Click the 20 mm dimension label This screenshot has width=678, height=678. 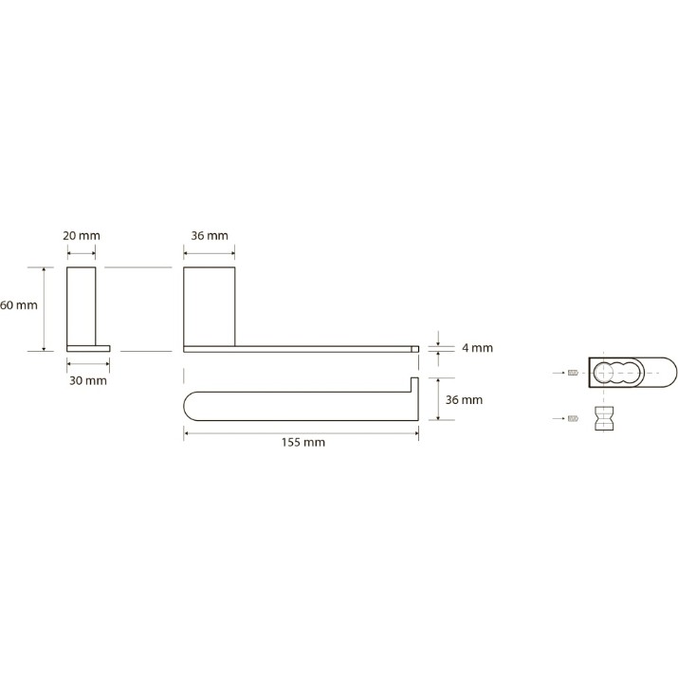[x=82, y=236]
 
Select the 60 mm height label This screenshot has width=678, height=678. [x=19, y=305]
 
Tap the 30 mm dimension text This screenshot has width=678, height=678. [x=88, y=380]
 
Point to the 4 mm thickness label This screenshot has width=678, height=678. [x=477, y=348]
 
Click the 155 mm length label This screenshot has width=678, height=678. [x=303, y=442]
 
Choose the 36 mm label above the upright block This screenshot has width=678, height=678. [x=210, y=236]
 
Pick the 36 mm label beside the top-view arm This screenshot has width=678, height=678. [x=464, y=399]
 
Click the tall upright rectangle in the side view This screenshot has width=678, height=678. [x=82, y=306]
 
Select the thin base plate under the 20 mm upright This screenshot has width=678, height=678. [x=88, y=349]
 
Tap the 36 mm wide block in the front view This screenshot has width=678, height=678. [x=210, y=306]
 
